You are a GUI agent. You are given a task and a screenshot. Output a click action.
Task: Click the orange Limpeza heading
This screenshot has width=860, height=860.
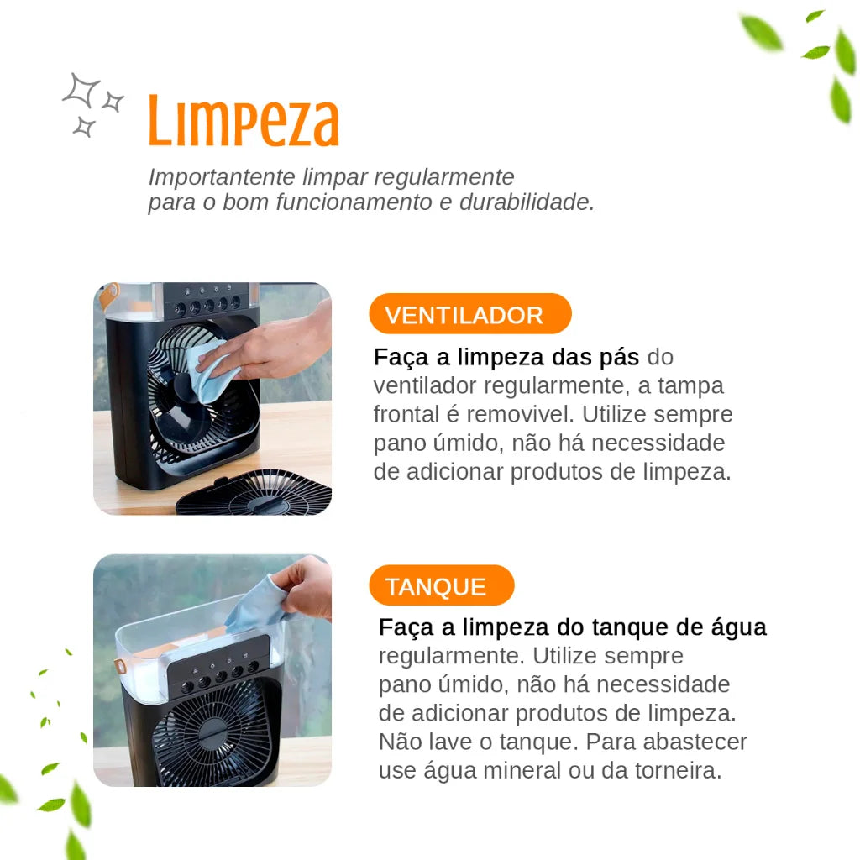(x=244, y=123)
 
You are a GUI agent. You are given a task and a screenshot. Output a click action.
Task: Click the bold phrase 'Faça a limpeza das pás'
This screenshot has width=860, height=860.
(x=506, y=357)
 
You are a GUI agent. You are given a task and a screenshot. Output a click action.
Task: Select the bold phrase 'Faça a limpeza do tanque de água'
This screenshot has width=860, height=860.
(x=572, y=627)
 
